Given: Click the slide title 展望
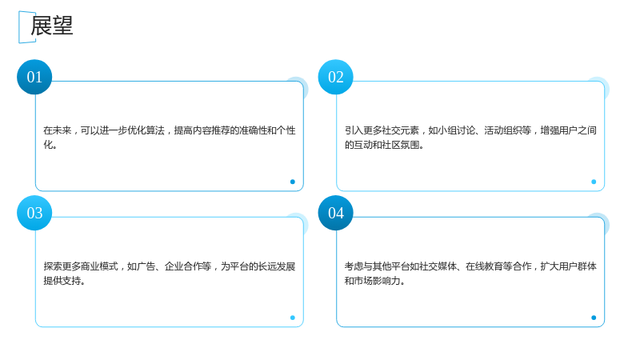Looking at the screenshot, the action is point(52,26).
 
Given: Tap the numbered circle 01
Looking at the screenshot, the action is point(34,77).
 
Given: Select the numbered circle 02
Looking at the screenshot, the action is point(335,77).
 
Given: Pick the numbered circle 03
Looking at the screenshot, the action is point(34,213).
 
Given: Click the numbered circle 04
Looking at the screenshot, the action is point(335,213).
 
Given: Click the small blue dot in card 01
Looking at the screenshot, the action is point(293,182).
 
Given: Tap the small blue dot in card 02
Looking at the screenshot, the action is point(594,182).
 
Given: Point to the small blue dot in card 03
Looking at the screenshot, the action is point(293,318).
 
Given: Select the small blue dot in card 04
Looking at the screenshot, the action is point(594,318).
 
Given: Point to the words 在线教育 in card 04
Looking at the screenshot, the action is point(485,266).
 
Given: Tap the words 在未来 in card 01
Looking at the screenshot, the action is point(58,130).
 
